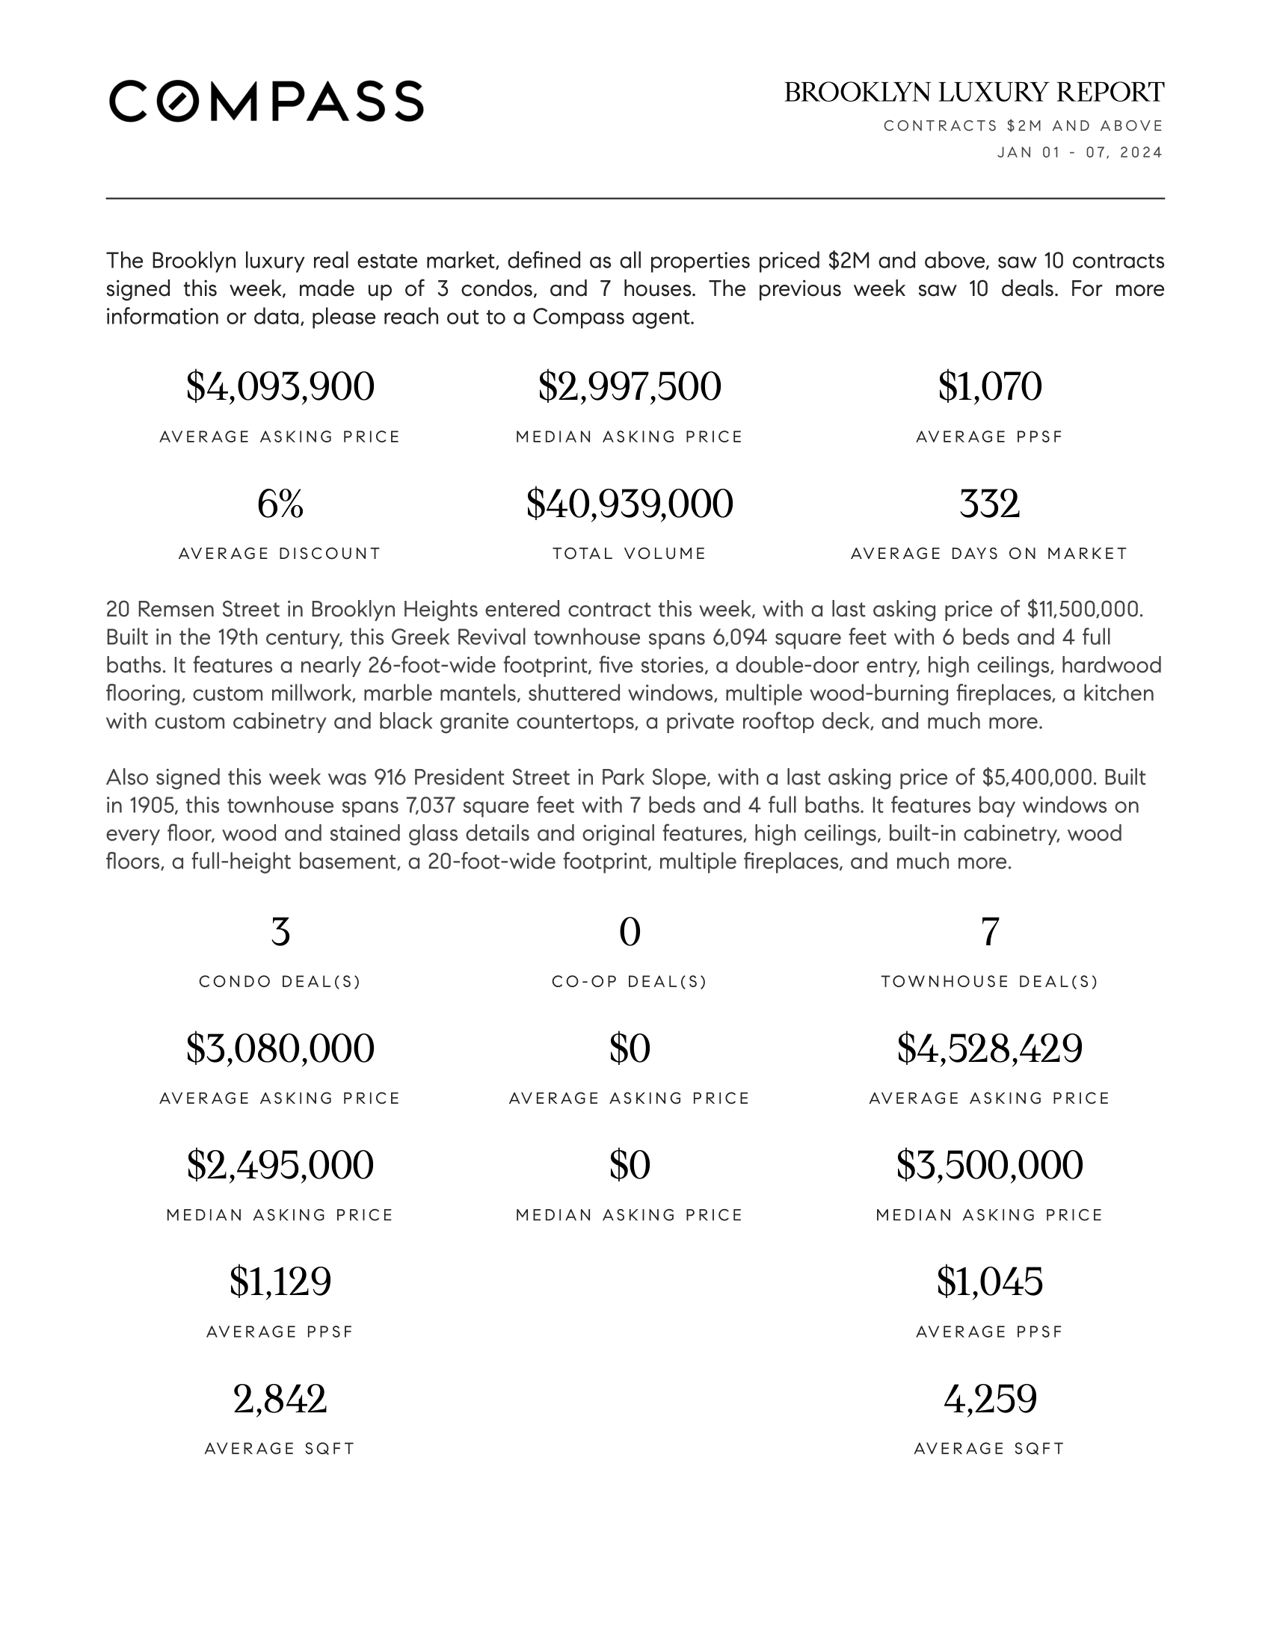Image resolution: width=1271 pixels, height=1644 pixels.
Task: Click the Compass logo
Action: click(266, 101)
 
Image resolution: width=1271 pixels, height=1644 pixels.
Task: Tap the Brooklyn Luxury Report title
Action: click(973, 93)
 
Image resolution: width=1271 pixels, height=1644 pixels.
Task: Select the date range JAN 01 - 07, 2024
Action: click(1079, 152)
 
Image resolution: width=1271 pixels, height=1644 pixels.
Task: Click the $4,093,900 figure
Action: click(280, 387)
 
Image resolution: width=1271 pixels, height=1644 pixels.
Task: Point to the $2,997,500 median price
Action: click(630, 387)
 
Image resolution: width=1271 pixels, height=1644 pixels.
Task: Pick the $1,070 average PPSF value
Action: click(989, 387)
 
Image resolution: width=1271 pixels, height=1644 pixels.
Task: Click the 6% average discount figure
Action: click(280, 504)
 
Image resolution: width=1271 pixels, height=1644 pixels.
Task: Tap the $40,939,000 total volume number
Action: click(630, 504)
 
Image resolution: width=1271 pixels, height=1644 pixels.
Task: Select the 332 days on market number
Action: click(989, 504)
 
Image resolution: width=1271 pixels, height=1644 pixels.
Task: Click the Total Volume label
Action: click(630, 554)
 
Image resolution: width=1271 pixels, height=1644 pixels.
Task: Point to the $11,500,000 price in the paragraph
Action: click(1084, 609)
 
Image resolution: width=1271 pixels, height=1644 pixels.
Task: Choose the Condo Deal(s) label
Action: click(280, 982)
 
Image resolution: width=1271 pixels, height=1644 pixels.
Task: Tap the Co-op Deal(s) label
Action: click(630, 982)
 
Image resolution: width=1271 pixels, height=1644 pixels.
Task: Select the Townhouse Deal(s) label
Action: click(989, 982)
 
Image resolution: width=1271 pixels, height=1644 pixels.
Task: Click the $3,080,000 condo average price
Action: click(280, 1048)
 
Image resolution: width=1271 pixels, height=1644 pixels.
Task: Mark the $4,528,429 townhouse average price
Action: click(989, 1048)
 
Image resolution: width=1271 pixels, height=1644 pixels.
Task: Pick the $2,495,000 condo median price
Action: click(280, 1165)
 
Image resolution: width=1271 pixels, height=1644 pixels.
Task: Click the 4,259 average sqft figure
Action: click(989, 1400)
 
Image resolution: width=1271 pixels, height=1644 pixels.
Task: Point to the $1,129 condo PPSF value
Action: click(280, 1282)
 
